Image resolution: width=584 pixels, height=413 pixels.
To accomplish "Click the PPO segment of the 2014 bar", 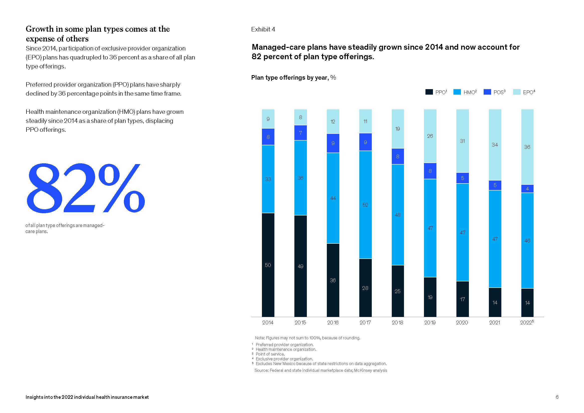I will [268, 265].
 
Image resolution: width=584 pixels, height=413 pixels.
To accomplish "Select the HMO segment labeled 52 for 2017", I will [365, 205].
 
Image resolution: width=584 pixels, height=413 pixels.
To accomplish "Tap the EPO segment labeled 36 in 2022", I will [527, 147].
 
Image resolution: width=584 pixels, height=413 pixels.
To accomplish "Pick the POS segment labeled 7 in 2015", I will [300, 133].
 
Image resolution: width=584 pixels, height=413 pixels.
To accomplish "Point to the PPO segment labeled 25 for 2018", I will [397, 291].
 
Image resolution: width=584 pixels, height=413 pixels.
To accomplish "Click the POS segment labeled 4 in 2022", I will [527, 189].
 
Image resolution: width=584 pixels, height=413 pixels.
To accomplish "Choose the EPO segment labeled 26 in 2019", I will [430, 136].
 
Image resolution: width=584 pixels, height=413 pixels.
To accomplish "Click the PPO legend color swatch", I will [429, 92].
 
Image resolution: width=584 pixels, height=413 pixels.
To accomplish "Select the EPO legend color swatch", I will [517, 92].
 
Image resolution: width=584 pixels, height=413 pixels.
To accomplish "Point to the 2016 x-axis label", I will [333, 322].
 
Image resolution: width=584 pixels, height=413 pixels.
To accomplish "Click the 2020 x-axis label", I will [462, 322].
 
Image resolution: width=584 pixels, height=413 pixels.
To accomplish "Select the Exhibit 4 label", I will [263, 29].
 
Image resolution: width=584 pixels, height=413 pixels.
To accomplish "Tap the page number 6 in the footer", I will [557, 397].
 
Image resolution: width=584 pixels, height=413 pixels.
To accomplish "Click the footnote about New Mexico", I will [321, 364].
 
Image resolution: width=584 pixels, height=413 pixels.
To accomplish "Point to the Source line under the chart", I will [321, 370].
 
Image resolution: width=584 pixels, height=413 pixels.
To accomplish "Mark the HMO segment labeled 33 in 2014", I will [268, 179].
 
